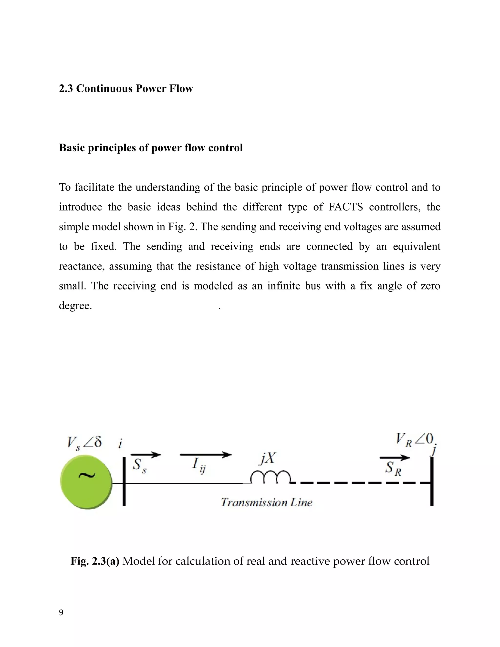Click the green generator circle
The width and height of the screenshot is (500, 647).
(x=86, y=482)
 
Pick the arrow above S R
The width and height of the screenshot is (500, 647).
(x=395, y=458)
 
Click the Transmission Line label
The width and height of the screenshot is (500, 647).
(x=267, y=502)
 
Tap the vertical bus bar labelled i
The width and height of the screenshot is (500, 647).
(x=124, y=481)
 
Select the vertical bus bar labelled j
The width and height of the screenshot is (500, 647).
(x=432, y=481)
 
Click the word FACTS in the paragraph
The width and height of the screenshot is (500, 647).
(x=346, y=207)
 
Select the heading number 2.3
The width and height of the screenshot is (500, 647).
(x=66, y=89)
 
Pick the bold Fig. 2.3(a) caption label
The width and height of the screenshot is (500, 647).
(x=95, y=561)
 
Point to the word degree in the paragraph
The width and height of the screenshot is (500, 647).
(x=75, y=306)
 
